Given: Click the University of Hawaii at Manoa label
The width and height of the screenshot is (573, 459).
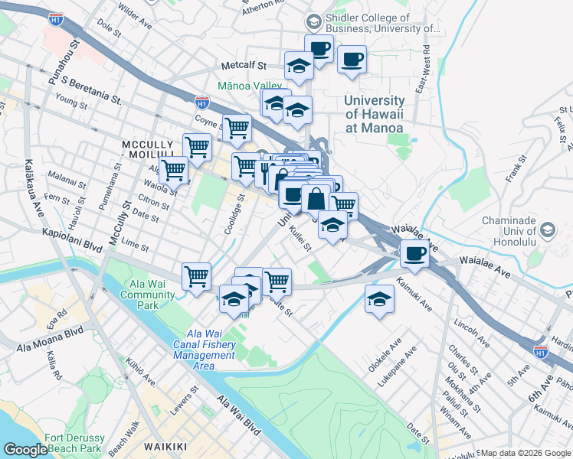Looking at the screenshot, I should (374, 114).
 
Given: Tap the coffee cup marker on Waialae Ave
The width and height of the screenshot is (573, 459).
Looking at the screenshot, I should (414, 253).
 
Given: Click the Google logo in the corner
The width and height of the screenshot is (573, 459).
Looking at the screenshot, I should (25, 450).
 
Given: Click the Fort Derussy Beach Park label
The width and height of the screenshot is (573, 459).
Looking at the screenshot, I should (74, 443).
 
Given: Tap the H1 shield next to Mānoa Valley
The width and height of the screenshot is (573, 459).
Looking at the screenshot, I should (202, 101).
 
